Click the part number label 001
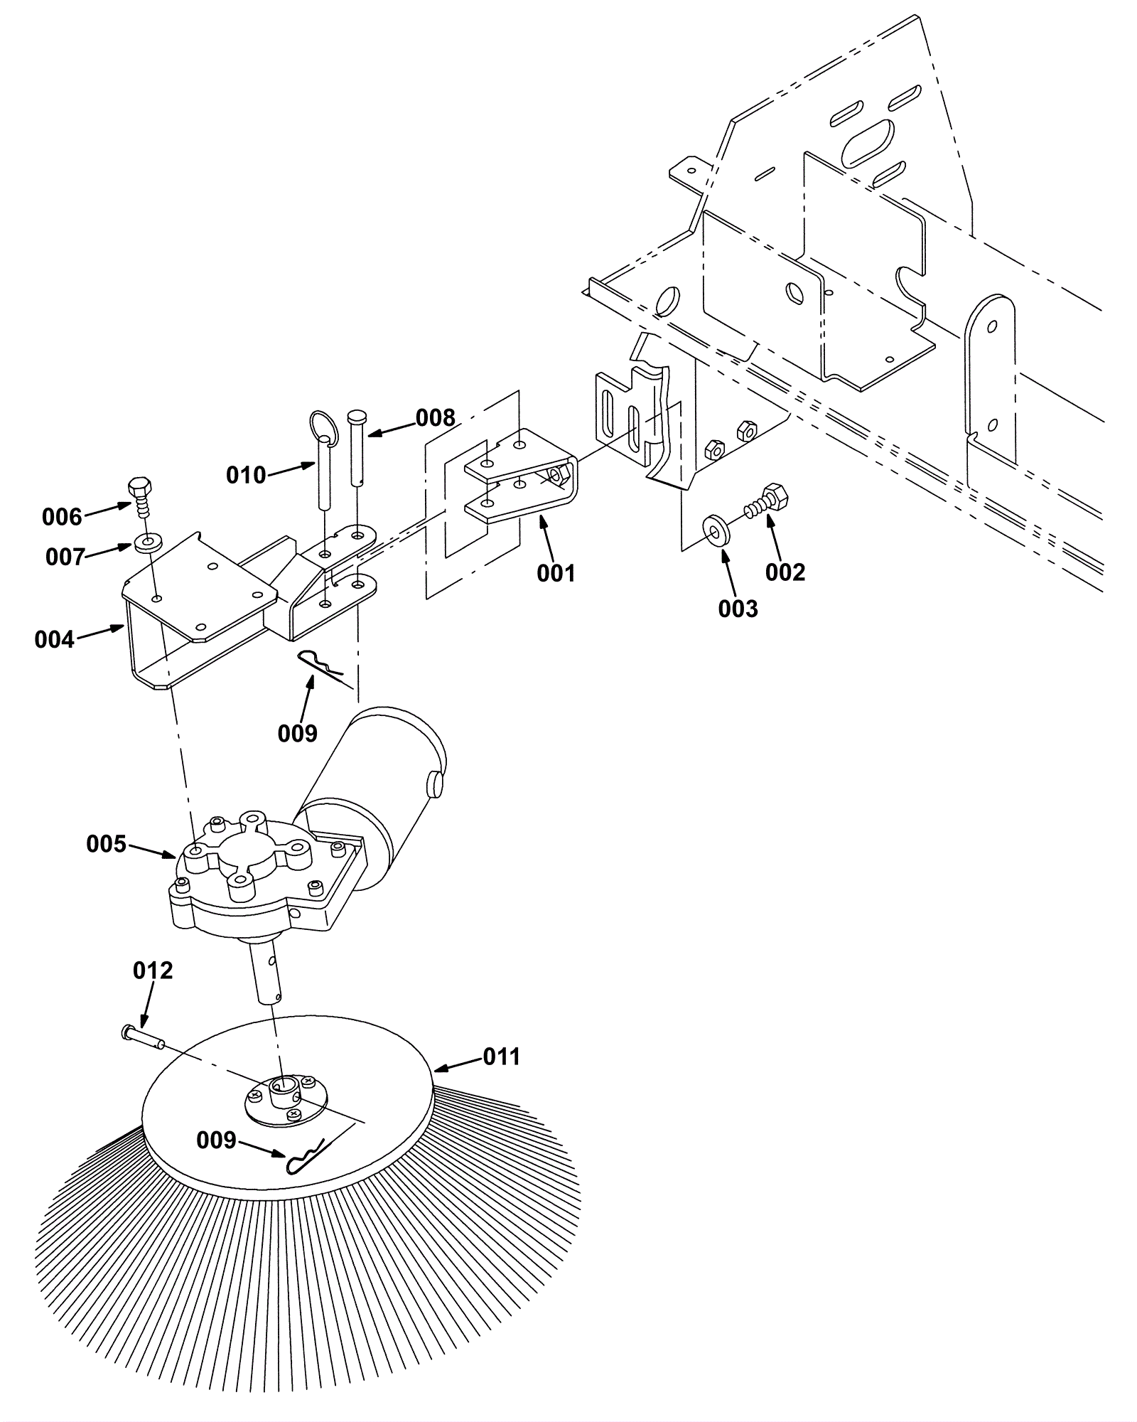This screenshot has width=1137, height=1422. pos(556,573)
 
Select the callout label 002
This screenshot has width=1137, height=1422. pos(785,572)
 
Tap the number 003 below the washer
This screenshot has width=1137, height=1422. pos(738,609)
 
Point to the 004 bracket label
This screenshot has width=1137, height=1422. pos(55,640)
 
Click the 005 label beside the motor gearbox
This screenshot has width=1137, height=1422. pos(107,844)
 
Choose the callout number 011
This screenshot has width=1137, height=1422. pos(502,1057)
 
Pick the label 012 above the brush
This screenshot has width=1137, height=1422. pos(153,971)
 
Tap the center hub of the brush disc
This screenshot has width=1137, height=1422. pos(285,1099)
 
